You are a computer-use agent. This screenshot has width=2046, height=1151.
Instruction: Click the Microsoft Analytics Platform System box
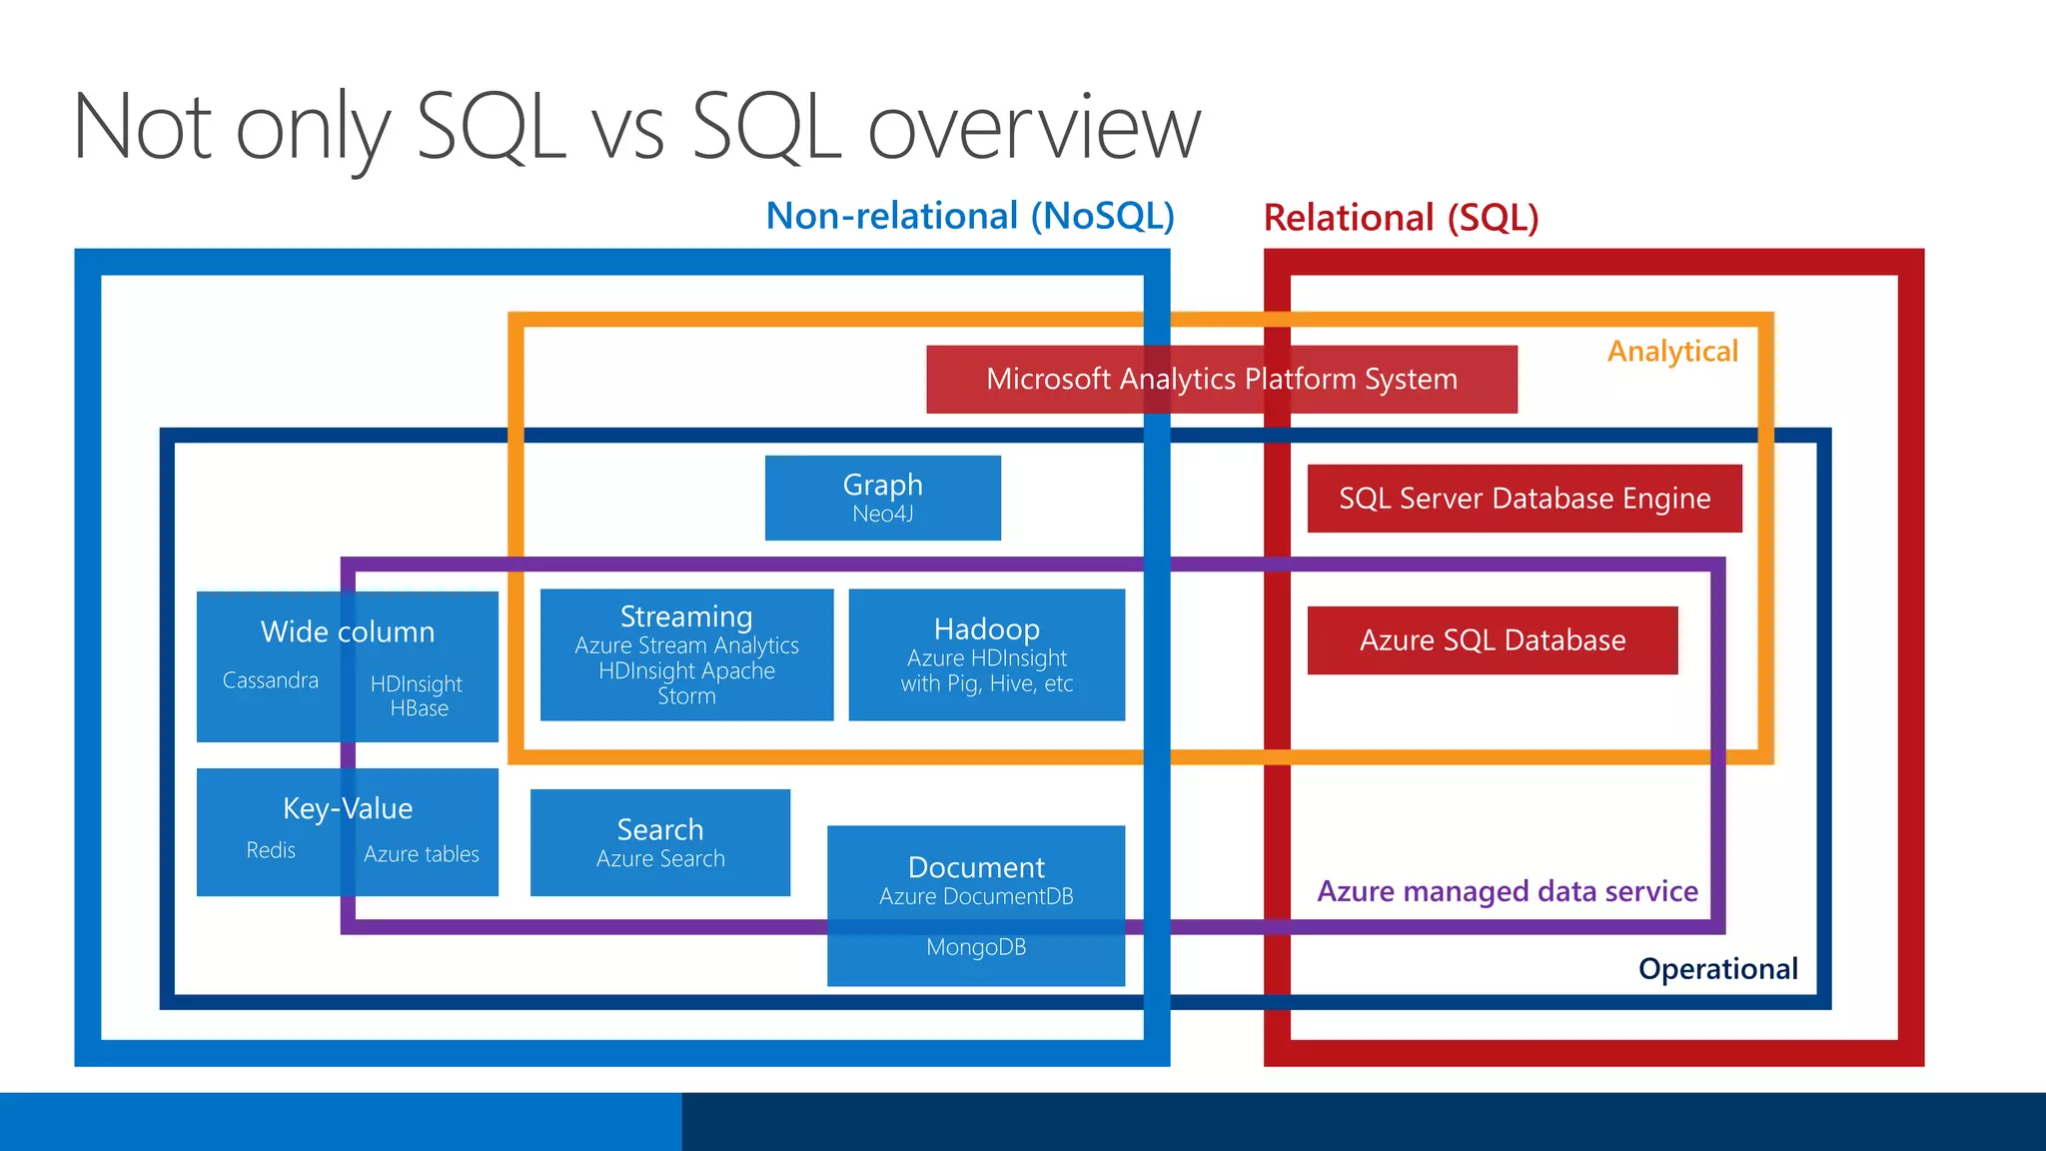coord(1221,380)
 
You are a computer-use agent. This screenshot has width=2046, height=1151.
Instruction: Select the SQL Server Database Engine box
coord(1524,499)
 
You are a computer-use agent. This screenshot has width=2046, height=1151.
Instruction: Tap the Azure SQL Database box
coord(1492,640)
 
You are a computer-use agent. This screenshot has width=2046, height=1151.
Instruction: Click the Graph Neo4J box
coord(882,498)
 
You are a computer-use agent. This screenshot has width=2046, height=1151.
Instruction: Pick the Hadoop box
coord(986,654)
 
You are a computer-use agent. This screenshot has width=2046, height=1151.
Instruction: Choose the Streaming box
coord(686,654)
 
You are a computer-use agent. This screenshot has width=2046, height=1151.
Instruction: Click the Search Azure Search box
coord(659,842)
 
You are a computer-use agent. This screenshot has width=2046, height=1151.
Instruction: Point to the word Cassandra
coord(270,680)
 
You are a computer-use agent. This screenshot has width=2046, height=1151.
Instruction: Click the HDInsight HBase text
coord(418,695)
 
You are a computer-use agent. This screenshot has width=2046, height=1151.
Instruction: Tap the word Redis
coord(271,850)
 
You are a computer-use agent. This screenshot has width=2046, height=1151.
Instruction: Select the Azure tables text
coord(421,854)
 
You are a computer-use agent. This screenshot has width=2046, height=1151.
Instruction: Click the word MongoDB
coord(976,947)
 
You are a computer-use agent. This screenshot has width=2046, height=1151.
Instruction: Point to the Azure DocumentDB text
coord(976,896)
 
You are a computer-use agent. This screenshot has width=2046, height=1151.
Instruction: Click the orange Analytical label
coord(1672,352)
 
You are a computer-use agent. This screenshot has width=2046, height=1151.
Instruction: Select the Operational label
coord(1717,969)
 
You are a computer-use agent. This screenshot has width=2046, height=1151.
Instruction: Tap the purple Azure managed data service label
coord(1507,891)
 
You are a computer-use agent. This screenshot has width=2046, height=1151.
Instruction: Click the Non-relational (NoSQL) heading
coord(969,216)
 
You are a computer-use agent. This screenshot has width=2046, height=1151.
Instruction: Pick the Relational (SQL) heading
coord(1401,218)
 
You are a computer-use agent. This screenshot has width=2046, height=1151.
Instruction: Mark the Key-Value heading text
coord(348,808)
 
